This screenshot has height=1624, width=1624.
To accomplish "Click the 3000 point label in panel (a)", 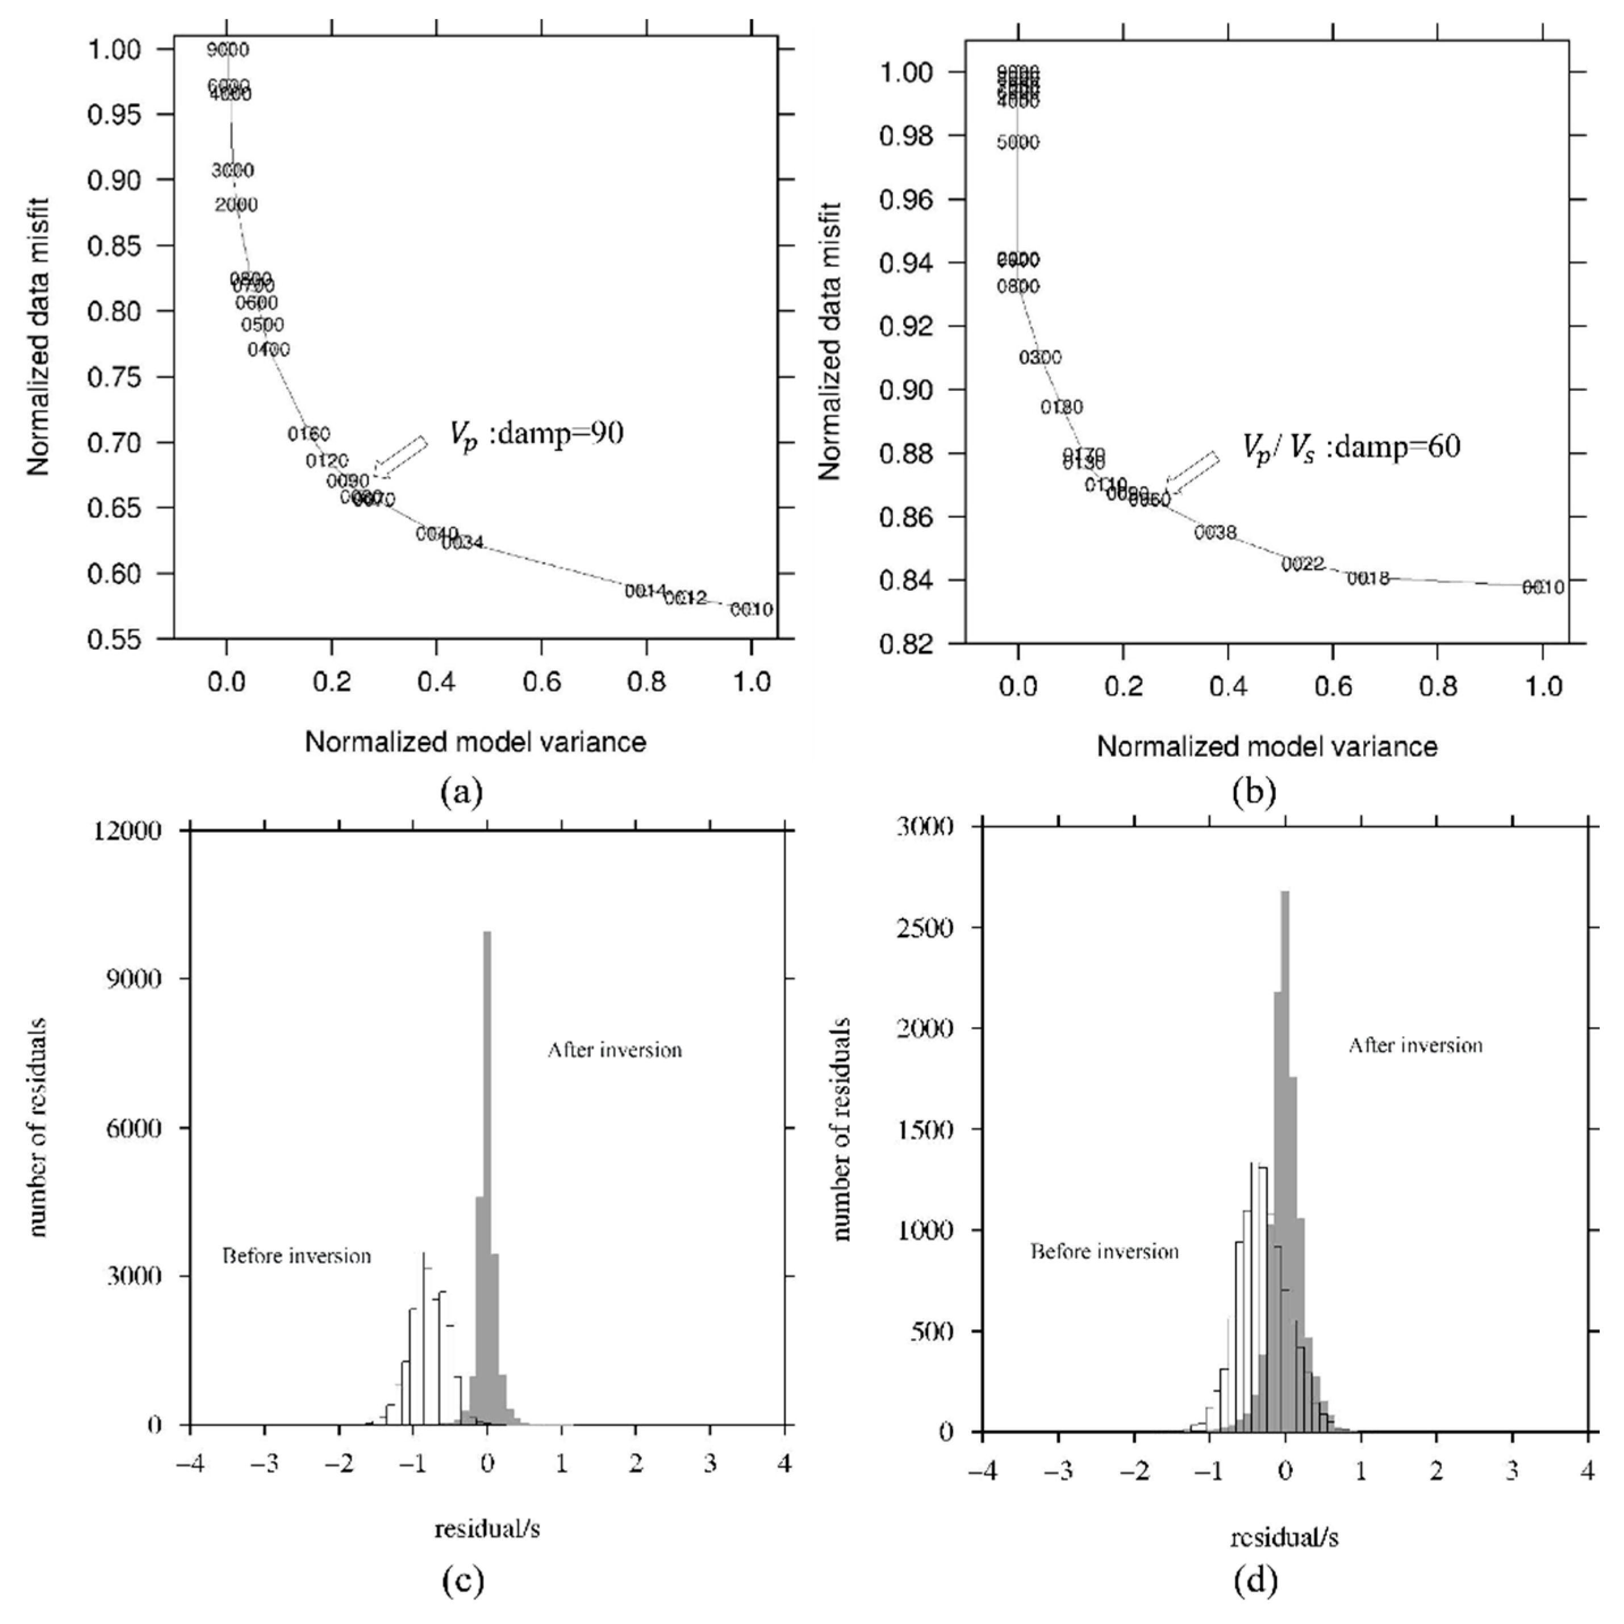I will click(232, 170).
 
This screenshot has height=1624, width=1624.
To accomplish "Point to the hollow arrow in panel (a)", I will click(401, 457).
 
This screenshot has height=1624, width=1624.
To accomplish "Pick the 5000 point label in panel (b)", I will click(1018, 142).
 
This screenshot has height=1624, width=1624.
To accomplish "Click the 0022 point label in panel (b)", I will click(1303, 564).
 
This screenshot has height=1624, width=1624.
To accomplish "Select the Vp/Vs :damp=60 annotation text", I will click(1351, 446).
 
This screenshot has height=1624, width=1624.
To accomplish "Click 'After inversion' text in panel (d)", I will click(1416, 1046).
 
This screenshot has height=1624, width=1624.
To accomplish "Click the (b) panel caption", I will click(1254, 792).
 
